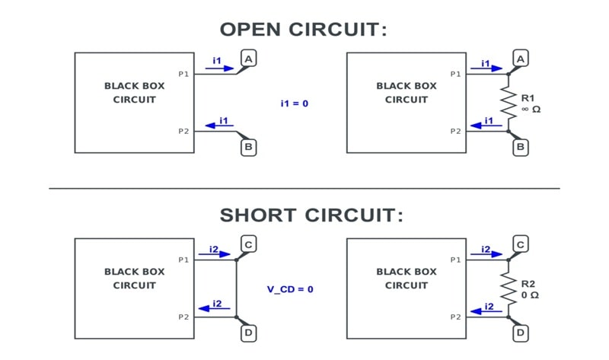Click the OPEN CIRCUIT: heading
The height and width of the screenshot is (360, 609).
coord(303,30)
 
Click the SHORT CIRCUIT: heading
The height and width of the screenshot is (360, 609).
coord(311,215)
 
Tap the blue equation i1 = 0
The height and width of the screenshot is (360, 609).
coord(295,104)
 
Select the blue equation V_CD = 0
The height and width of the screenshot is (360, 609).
coord(290,289)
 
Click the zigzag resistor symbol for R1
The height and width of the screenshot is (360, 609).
coord(509,102)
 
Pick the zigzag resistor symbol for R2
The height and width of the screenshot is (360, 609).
coord(509,288)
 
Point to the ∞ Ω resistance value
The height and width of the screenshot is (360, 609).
coord(531,110)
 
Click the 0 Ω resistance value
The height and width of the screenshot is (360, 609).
coord(530,295)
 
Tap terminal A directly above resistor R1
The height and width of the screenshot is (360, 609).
coord(521,59)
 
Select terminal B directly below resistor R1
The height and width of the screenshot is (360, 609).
coord(521,147)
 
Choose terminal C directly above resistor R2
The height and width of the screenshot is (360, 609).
coord(521,244)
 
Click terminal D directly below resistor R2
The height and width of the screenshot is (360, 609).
coord(521,333)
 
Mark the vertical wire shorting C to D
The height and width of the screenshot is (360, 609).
coord(237,288)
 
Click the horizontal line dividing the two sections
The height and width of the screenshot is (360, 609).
coord(304,189)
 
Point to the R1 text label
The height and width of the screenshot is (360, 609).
coord(528,98)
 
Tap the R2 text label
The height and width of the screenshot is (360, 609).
coord(528,284)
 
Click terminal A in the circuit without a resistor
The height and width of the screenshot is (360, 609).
coord(249,59)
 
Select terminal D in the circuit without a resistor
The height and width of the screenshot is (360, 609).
coord(249,333)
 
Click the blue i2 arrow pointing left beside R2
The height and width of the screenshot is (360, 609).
coord(486,311)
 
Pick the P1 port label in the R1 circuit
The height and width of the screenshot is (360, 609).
coord(455,74)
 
